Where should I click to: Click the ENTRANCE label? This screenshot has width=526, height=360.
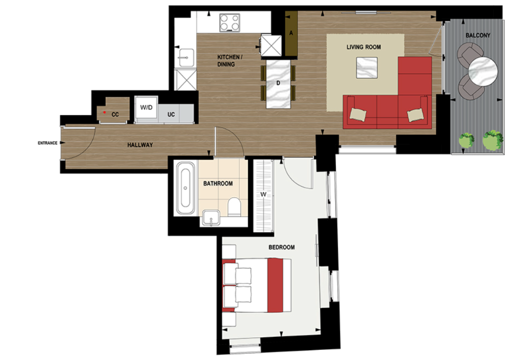pyautogui.click(x=47, y=143)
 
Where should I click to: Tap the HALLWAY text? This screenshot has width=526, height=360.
pyautogui.click(x=140, y=145)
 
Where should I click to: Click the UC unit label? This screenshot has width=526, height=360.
pyautogui.click(x=171, y=115)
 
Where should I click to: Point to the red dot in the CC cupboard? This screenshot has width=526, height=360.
pyautogui.click(x=104, y=112)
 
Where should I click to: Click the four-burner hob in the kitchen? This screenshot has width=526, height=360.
pyautogui.click(x=230, y=23)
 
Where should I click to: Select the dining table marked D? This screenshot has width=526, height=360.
pyautogui.click(x=278, y=83)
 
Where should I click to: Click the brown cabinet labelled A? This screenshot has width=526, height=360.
pyautogui.click(x=291, y=33)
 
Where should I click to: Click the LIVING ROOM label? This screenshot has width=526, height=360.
pyautogui.click(x=364, y=47)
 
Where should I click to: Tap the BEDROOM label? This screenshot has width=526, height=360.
pyautogui.click(x=282, y=247)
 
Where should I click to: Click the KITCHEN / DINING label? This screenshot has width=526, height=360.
pyautogui.click(x=230, y=60)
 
